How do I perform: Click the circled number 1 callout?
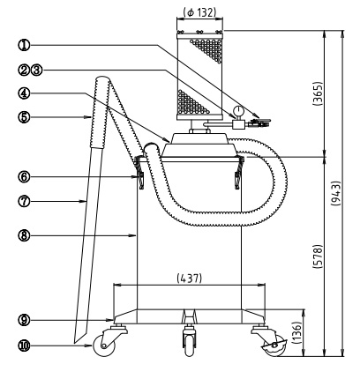pyautogui.click(x=24, y=45)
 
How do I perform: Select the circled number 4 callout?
pyautogui.click(x=24, y=93)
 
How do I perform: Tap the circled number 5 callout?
pyautogui.click(x=24, y=117)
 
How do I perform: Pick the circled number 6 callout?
pyautogui.click(x=24, y=177)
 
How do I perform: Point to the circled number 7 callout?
pyautogui.click(x=24, y=201)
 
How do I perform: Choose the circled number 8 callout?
pyautogui.click(x=24, y=235)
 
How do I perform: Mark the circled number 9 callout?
pyautogui.click(x=24, y=320)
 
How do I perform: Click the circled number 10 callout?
pyautogui.click(x=24, y=346)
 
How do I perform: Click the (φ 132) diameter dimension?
pyautogui.click(x=199, y=12)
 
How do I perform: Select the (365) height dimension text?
pyautogui.click(x=318, y=93)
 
